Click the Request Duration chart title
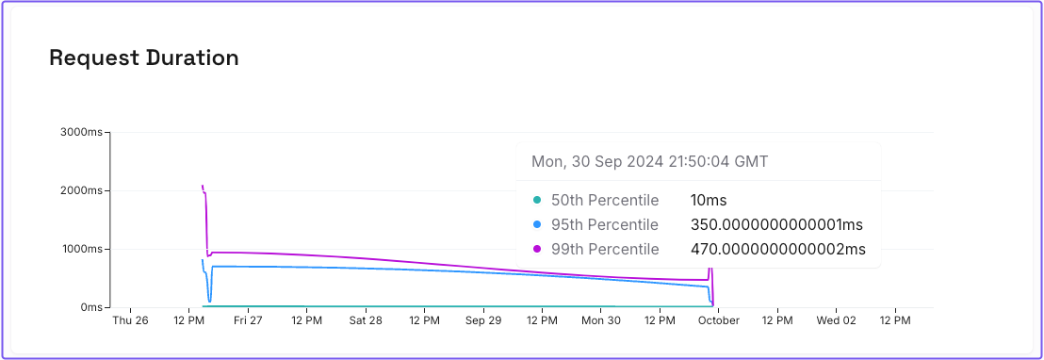(x=143, y=58)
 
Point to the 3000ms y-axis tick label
(x=82, y=132)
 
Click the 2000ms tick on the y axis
(x=82, y=190)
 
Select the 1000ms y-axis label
(x=82, y=249)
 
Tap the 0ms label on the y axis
(x=91, y=307)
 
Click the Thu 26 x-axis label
(x=130, y=321)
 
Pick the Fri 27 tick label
(x=248, y=321)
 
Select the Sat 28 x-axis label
(x=366, y=321)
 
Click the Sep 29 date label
(x=483, y=321)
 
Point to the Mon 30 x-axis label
(x=601, y=321)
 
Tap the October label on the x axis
(x=719, y=321)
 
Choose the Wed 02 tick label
(x=836, y=321)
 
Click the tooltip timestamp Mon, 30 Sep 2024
(x=649, y=161)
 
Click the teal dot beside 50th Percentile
(x=537, y=200)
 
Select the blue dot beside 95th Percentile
(x=537, y=224)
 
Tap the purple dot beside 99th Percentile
(x=537, y=249)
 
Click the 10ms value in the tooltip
(x=709, y=200)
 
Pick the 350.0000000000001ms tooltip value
(x=776, y=224)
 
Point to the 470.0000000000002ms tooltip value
(x=777, y=249)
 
